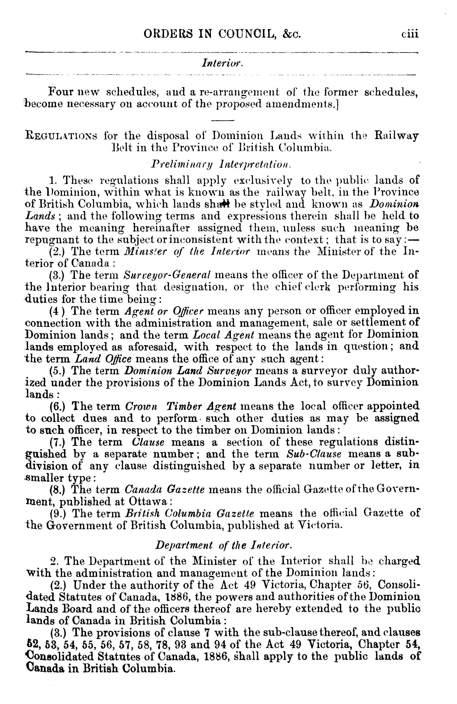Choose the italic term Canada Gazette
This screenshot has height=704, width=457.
coord(164,490)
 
